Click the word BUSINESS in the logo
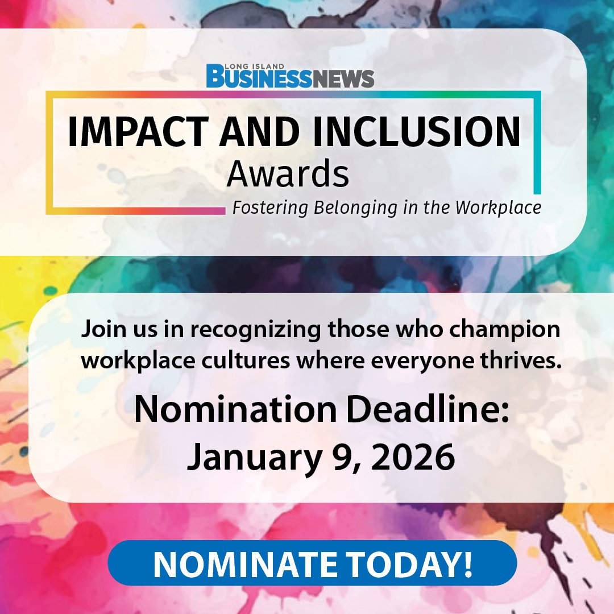pyautogui.click(x=259, y=77)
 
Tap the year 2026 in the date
pyautogui.click(x=413, y=456)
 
